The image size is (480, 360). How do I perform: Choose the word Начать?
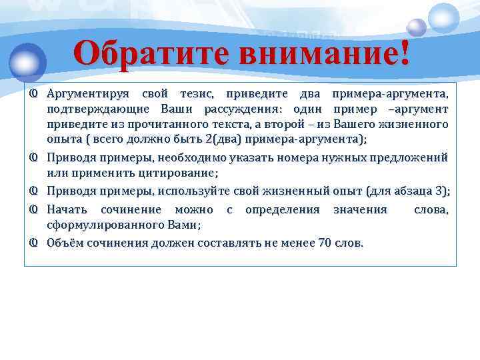(67, 210)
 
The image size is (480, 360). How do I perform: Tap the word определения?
(283, 210)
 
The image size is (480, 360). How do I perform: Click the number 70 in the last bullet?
(325, 243)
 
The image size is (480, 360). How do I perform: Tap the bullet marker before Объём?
(32, 243)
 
